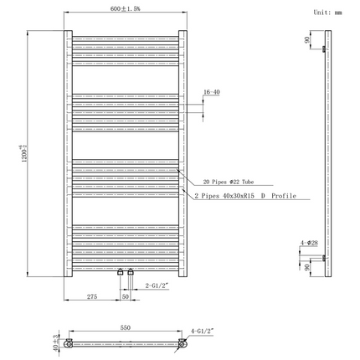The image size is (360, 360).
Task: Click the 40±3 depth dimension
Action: pos(57,343)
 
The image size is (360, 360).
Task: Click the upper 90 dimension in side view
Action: pos(308,39)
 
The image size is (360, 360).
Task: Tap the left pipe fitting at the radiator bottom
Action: pos(121,272)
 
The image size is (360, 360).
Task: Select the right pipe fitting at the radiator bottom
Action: pos(130,272)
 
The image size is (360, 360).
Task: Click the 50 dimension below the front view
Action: pos(125,296)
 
